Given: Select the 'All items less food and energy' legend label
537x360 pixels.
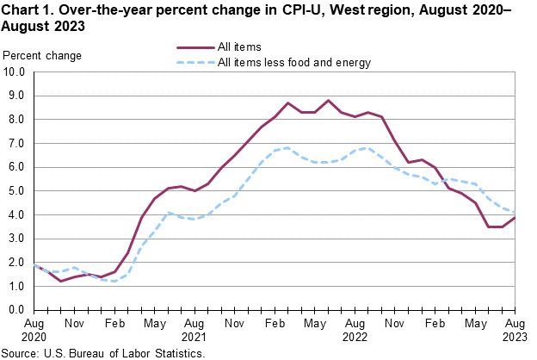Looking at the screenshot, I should (295, 62).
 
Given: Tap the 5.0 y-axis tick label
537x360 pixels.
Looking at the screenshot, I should (16, 191).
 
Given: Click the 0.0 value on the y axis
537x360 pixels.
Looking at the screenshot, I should (16, 309).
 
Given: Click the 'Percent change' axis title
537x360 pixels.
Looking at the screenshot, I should (43, 56).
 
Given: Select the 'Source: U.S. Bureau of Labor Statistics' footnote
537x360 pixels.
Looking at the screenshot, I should (104, 353).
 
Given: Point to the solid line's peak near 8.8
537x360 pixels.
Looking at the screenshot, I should (328, 100).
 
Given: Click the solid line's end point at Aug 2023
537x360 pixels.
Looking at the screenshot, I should (515, 217).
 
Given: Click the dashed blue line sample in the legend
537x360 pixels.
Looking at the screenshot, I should (195, 62).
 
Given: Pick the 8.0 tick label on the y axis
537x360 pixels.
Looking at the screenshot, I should (16, 120).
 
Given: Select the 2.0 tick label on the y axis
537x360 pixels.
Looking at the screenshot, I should (16, 262).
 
